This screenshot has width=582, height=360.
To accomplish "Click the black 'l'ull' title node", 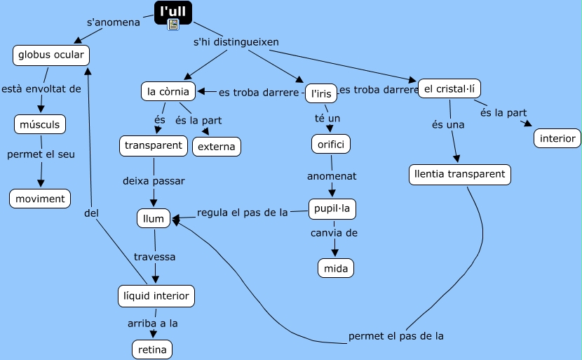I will coord(172,11).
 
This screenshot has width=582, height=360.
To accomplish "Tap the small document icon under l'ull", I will coord(173,25).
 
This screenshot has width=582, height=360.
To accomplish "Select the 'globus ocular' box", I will coord(51,55).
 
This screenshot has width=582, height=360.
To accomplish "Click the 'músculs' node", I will coord(41,125).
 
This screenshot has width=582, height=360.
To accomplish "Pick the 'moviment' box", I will coord(41,199).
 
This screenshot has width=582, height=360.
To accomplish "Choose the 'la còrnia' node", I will coord(168,91).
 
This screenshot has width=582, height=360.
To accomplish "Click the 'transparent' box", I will coord(154,146).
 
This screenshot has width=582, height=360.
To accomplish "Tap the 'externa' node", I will coord(217,147).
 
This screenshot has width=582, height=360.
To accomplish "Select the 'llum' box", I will coord(154,219).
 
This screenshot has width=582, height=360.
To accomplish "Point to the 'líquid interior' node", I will coord(156,296).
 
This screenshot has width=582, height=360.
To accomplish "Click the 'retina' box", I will coord(152,349).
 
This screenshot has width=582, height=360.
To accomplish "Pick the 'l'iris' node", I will coord(320,93).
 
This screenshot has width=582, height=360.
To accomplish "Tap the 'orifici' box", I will coord(331,144).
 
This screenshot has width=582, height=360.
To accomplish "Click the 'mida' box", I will coord(336,267).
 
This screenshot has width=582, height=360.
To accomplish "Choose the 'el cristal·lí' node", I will coord(450,88).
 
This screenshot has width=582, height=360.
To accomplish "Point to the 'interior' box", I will coord(557,138).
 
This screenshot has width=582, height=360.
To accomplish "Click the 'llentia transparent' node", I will coord(460,175).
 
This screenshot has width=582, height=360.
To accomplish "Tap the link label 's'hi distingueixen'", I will coord(236,42).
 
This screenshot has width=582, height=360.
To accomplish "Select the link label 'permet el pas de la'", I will coord(396,335).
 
